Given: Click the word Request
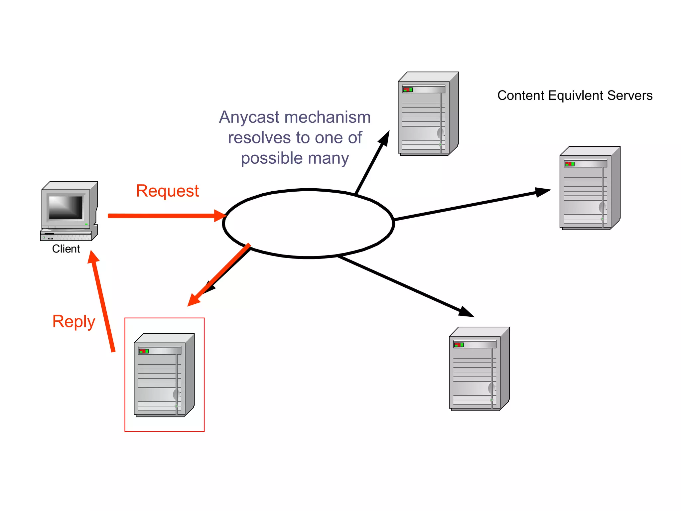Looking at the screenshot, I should click(x=167, y=191).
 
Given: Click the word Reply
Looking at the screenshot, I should click(x=74, y=322).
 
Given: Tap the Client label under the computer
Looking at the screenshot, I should click(x=66, y=249).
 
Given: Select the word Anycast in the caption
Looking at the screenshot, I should click(x=249, y=117).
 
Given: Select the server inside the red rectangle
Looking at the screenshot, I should click(x=164, y=375).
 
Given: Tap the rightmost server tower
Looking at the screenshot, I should click(x=590, y=188).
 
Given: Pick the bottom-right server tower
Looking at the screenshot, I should click(x=479, y=369).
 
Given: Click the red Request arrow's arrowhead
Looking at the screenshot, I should click(x=220, y=216).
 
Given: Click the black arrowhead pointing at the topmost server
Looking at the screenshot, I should click(x=385, y=138).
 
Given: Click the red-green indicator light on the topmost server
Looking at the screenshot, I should click(x=407, y=89).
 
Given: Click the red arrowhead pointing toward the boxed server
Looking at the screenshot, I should click(x=194, y=300).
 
